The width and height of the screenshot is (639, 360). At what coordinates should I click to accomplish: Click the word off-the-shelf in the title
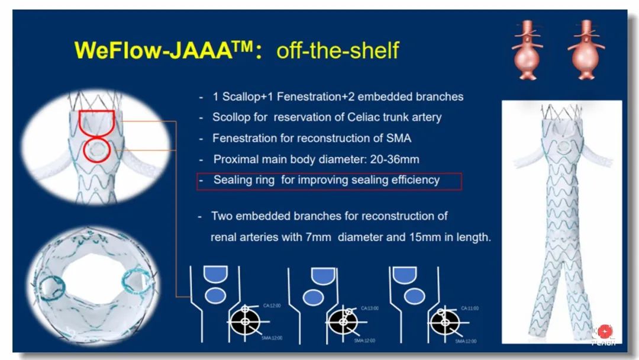[337, 50]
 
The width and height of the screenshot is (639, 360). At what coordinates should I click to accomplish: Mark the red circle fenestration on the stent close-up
[96, 151]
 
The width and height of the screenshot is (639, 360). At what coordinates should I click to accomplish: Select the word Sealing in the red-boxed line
[235, 179]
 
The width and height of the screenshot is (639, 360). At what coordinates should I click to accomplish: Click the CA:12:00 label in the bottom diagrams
[273, 306]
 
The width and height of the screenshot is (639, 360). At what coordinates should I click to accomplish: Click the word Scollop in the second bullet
[233, 117]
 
